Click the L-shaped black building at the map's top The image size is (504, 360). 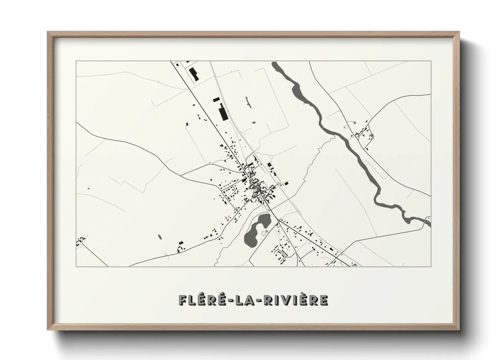pos(193,74)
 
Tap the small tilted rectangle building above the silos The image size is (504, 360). pos(216,99)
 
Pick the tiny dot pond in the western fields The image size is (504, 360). pos(88,188)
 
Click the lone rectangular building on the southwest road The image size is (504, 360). pos(181,242)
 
